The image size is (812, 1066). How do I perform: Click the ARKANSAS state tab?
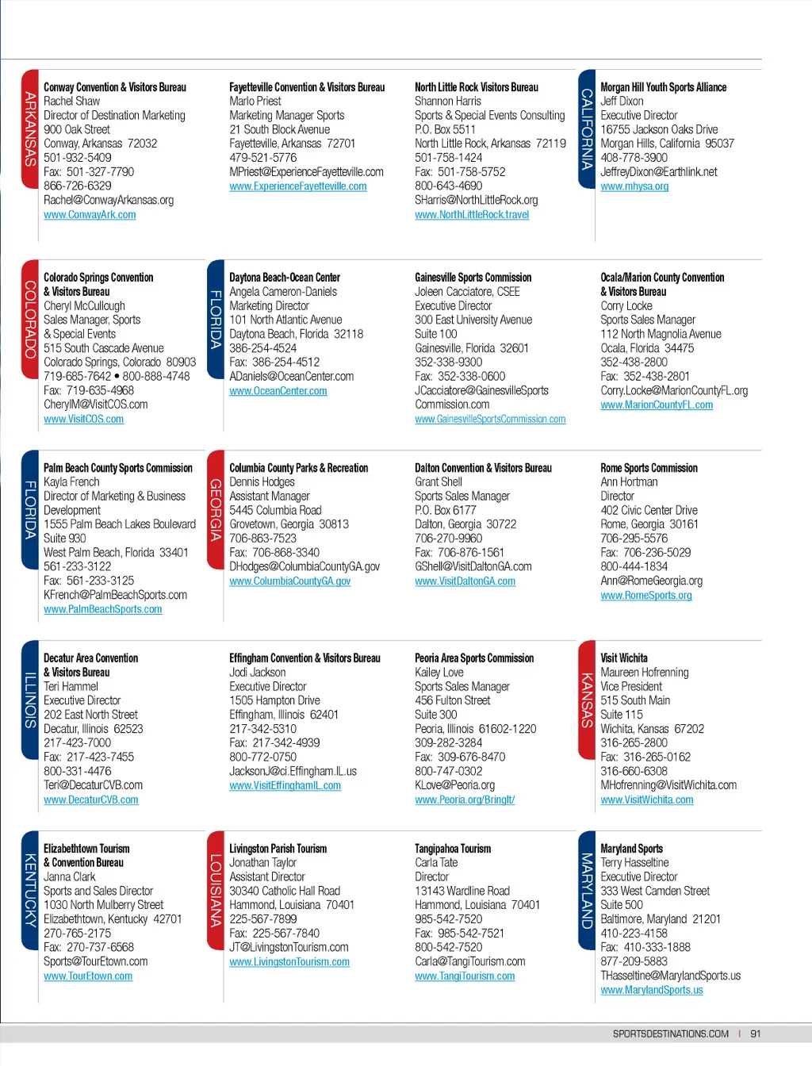[x=30, y=128]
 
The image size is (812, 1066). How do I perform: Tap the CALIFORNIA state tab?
[x=587, y=128]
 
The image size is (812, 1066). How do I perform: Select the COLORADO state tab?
[x=30, y=319]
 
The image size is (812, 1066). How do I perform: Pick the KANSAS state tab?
[x=587, y=700]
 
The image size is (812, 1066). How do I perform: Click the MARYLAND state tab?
[x=587, y=890]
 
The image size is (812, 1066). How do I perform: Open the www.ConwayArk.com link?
[x=90, y=215]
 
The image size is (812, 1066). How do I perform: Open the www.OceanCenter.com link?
[x=278, y=391]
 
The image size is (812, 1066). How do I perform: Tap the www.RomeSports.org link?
[x=645, y=596]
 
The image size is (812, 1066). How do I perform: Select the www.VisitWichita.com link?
[x=646, y=800]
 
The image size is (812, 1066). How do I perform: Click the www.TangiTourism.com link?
[x=465, y=976]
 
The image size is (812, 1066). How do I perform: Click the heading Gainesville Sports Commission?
[x=473, y=278]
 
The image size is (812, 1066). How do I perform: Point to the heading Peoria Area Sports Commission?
[x=474, y=658]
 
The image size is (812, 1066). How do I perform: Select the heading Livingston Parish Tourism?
[x=278, y=849]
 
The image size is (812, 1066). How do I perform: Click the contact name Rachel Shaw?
[x=71, y=102]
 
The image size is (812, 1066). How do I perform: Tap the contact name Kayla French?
[x=71, y=482]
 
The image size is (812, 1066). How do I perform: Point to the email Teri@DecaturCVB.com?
[x=93, y=785]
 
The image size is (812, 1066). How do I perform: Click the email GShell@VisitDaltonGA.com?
[x=473, y=567]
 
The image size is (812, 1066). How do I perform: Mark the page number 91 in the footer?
[x=755, y=1033]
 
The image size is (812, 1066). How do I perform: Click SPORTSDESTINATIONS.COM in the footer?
[x=670, y=1033]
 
